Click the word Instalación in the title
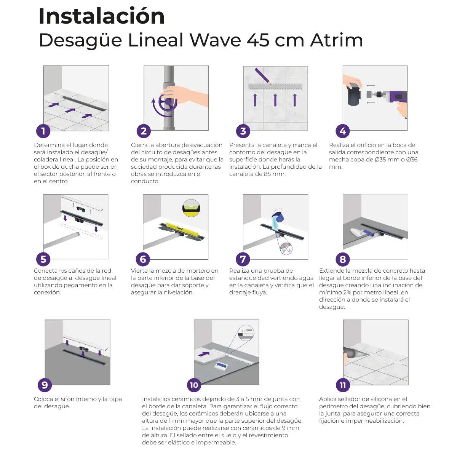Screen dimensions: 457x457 point(102,16)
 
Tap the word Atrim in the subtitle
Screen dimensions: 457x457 point(337,40)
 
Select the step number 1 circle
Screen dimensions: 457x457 point(43,131)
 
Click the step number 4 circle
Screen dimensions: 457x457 point(343,131)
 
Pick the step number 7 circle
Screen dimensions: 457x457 point(243,259)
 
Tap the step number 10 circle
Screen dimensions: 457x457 point(194,385)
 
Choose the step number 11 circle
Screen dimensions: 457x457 point(343,385)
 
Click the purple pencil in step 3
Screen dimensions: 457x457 point(263,76)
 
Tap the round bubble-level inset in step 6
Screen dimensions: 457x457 point(191,208)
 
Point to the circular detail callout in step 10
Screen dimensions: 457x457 point(246,333)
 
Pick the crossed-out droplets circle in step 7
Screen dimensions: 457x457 point(286,249)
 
